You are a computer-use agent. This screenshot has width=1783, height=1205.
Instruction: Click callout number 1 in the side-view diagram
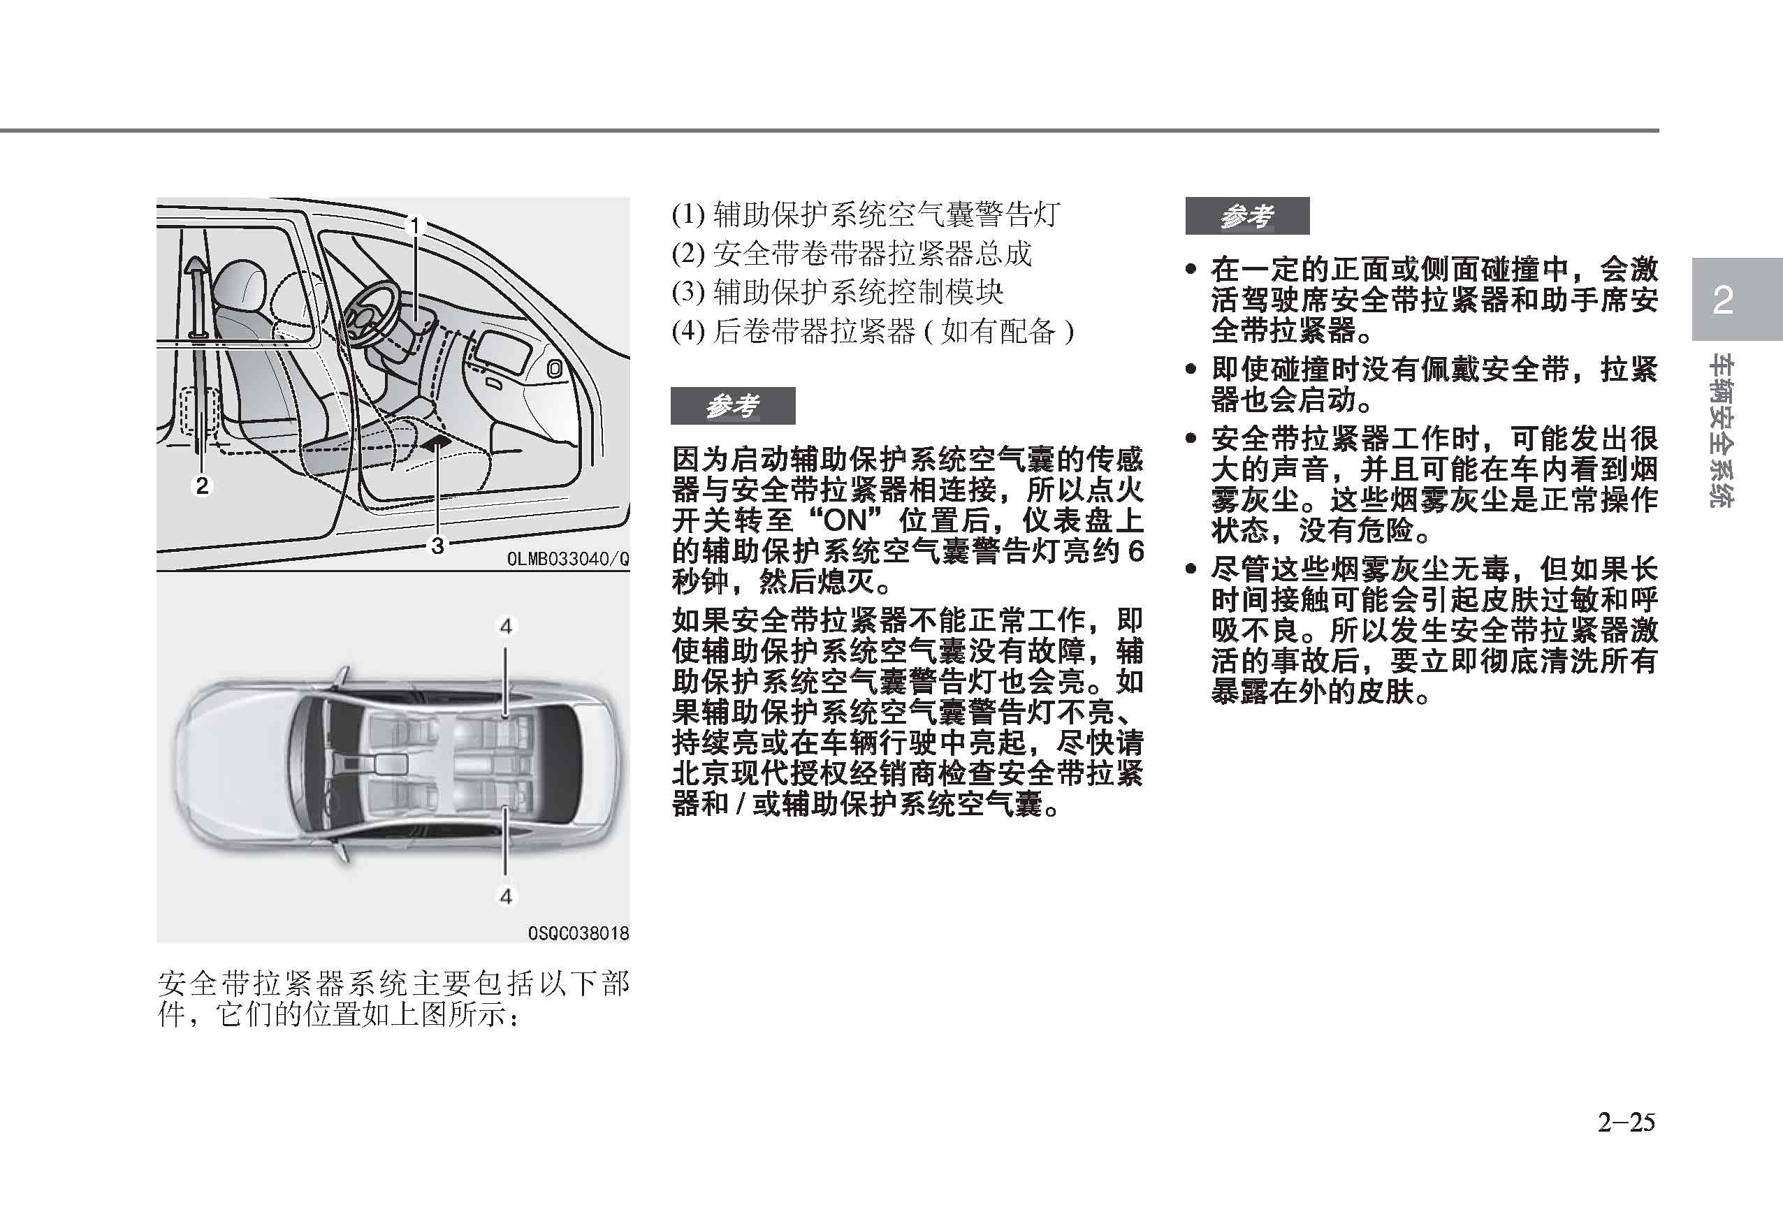(416, 226)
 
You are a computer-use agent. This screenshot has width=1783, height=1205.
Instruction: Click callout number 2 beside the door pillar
(202, 485)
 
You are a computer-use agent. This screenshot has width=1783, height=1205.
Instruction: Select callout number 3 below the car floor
(437, 546)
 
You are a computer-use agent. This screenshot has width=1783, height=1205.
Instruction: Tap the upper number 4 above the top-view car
(506, 627)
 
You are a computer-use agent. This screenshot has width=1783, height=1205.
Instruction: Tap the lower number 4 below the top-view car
(506, 896)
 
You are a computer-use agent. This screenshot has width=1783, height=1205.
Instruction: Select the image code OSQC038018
(578, 933)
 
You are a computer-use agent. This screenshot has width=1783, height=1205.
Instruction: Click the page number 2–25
(1626, 1123)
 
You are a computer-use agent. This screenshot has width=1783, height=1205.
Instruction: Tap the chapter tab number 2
(1723, 300)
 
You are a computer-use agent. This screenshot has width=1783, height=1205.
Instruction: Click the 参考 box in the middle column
(733, 406)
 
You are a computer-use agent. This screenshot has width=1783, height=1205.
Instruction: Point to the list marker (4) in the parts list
(688, 331)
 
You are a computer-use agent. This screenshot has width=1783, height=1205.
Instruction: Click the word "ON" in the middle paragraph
(847, 522)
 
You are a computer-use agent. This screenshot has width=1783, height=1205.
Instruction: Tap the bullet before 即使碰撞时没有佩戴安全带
(1191, 370)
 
